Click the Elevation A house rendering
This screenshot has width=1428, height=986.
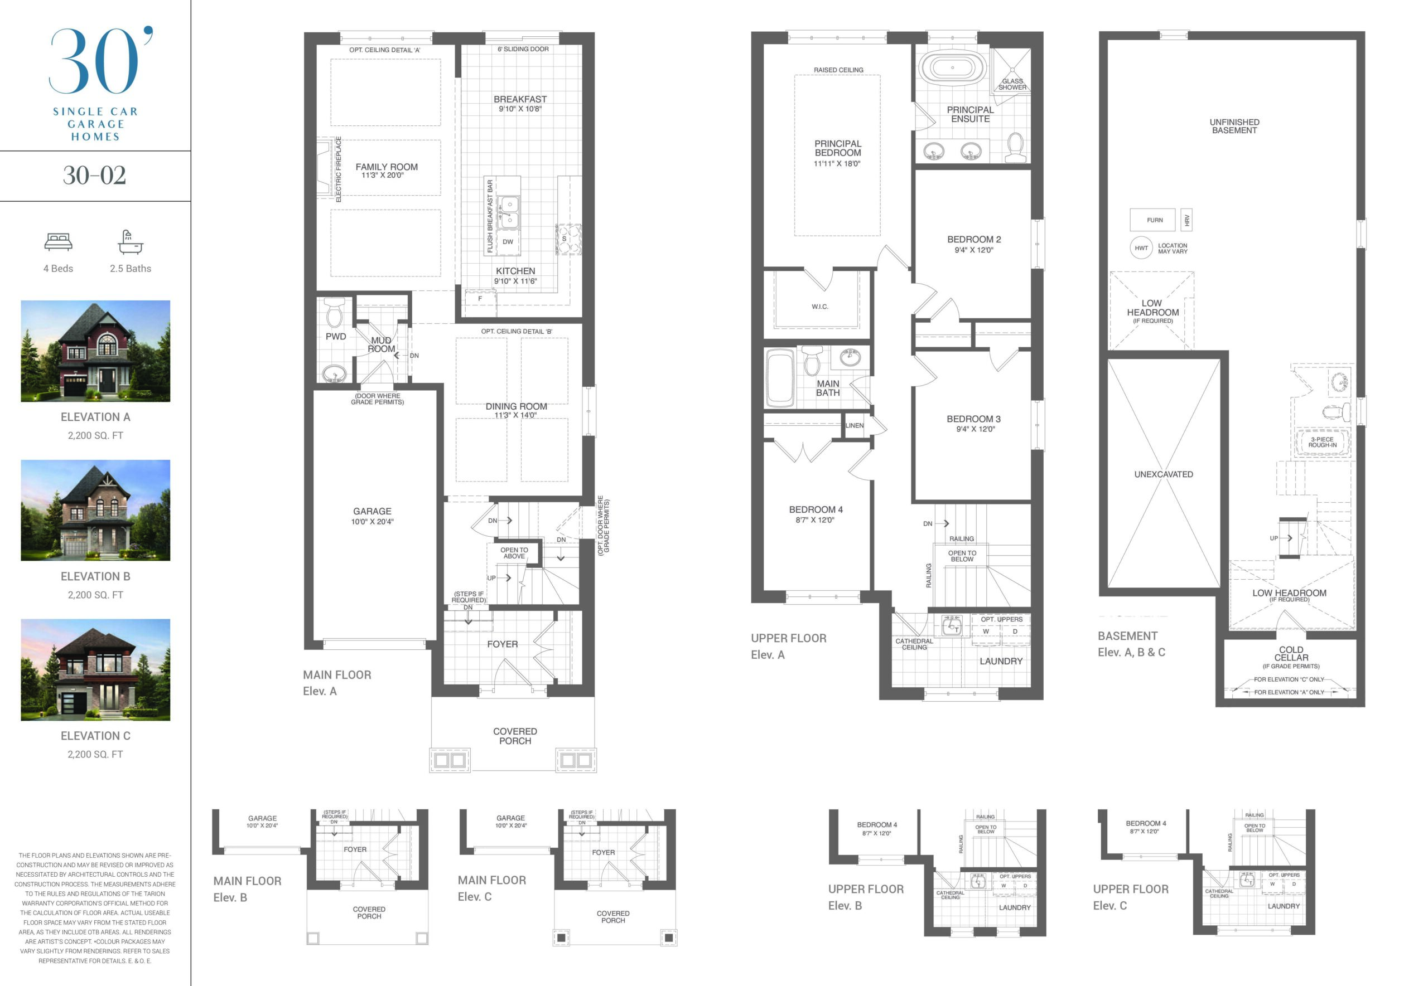point(95,351)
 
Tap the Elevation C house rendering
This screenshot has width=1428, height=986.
point(95,670)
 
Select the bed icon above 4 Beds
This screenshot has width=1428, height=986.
point(58,241)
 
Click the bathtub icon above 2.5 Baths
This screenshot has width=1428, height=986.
point(131,242)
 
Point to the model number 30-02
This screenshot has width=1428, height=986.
point(95,176)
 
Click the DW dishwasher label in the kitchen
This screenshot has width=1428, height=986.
point(508,241)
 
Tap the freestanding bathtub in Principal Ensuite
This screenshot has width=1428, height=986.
point(952,68)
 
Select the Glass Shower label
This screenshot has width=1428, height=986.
point(1012,84)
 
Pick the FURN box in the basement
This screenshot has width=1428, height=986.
point(1152,220)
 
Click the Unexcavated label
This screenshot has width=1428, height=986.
point(1164,474)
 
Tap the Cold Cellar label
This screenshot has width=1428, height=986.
point(1291,654)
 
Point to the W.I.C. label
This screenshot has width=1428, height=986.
point(820,307)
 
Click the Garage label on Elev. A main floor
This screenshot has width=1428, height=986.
point(372,512)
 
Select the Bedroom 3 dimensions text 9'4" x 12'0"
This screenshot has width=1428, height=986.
point(976,429)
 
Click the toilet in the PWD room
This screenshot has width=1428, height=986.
point(335,313)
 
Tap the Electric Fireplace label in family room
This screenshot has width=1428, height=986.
point(338,169)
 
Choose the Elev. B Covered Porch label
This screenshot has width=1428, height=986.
point(369,913)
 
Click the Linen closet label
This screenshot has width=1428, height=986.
point(855,426)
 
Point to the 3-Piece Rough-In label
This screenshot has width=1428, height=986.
point(1322,443)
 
